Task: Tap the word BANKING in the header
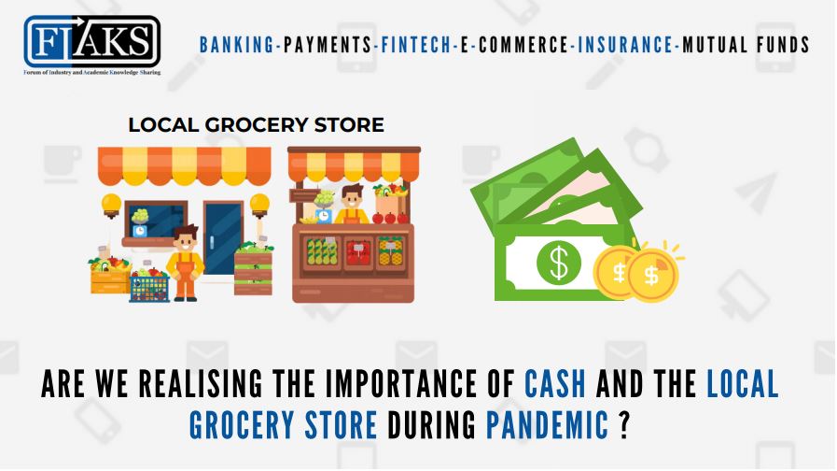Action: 236,44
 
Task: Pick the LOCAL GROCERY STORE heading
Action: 256,125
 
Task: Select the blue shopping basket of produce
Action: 148,285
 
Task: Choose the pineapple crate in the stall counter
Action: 390,250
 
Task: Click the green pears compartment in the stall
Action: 320,250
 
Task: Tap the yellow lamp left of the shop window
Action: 111,203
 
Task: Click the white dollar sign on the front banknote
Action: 559,264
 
